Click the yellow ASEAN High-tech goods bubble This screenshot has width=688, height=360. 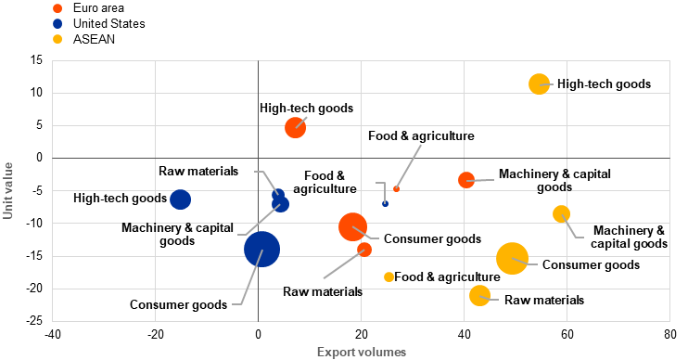point(539,84)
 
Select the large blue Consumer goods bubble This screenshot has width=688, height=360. point(262,249)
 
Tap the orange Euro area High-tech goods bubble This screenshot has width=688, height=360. point(295,128)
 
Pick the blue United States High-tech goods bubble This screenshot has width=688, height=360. point(180,199)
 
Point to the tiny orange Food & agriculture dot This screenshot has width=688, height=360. point(396,188)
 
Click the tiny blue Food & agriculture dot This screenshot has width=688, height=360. point(385,204)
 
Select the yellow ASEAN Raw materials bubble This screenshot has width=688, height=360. point(479,295)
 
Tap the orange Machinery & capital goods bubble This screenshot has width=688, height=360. point(466,180)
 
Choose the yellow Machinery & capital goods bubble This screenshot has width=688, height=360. point(561,213)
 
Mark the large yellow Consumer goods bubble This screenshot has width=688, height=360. point(512,259)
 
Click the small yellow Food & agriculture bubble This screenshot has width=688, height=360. point(389,277)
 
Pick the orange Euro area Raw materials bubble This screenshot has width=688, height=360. point(364,250)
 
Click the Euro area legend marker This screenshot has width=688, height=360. point(57,8)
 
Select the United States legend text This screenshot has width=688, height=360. point(108,23)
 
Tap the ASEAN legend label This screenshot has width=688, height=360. point(94,39)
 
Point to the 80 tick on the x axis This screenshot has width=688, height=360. point(670,335)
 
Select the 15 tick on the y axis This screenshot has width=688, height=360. point(37,60)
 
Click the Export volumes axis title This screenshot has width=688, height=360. point(362,352)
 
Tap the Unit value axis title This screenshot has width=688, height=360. point(8,190)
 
